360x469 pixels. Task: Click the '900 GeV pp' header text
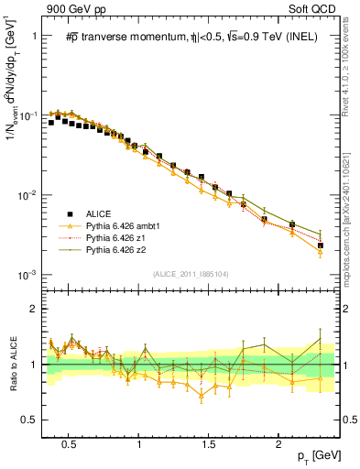coord(71,9)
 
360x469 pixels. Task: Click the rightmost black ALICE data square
coord(321,245)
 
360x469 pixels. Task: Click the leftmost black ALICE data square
coord(51,122)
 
